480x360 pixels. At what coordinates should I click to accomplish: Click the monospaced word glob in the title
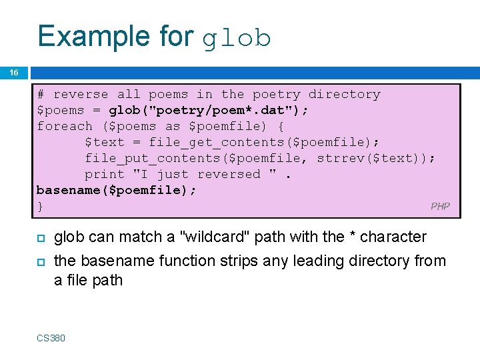coord(237,39)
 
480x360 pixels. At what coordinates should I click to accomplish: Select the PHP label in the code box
coord(440,206)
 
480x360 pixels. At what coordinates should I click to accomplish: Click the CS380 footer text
coord(51,338)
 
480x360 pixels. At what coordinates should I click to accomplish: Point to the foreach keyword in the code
coord(65,126)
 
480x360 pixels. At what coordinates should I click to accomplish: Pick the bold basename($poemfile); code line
coord(117,190)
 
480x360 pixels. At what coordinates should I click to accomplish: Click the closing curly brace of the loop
coord(41,206)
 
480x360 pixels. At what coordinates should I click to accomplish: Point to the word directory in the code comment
coord(344,94)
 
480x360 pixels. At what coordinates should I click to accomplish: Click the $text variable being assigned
coord(105,142)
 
